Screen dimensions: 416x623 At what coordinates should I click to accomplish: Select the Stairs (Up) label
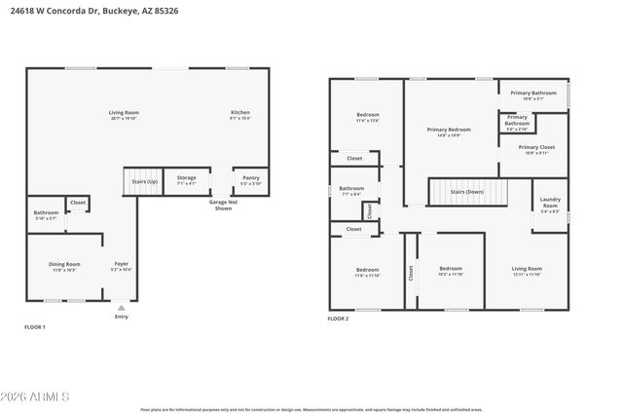pos(138,181)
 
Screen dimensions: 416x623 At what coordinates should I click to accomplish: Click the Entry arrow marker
pos(121,307)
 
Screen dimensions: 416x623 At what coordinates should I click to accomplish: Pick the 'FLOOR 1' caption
pos(35,326)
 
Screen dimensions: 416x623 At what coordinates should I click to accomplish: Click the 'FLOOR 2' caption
pos(338,319)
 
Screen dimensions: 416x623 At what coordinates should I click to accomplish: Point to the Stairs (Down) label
pos(466,192)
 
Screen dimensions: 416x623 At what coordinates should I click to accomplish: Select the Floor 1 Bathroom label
pos(46,214)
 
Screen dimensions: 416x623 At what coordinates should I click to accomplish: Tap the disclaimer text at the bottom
pos(311,410)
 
